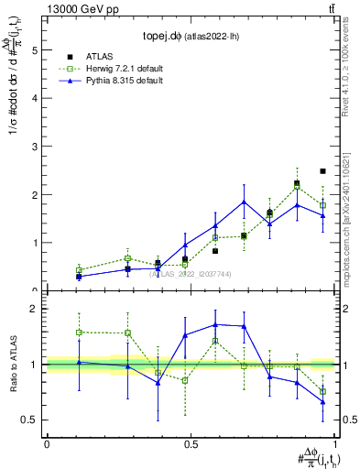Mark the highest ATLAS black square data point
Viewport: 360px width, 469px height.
323,171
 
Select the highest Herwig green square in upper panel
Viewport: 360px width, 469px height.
297,187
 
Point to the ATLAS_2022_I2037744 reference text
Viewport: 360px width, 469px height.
190,273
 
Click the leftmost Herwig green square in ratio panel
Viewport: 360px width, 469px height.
80,332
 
